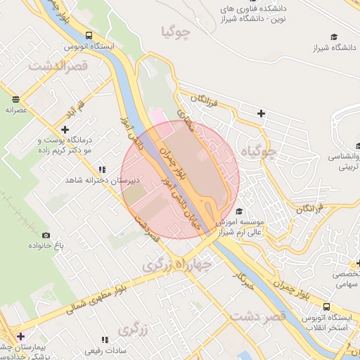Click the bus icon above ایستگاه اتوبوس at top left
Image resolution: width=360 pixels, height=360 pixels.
pyautogui.click(x=89, y=35)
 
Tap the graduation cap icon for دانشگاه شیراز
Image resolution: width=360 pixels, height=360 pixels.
pyautogui.click(x=334, y=37)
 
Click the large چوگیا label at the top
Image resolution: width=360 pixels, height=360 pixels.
pyautogui.click(x=176, y=32)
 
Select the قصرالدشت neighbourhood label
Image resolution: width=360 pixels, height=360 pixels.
pyautogui.click(x=56, y=65)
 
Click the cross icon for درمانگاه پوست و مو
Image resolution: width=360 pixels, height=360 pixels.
pyautogui.click(x=65, y=129)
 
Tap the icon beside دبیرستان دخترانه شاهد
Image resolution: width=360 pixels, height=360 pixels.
pyautogui.click(x=103, y=169)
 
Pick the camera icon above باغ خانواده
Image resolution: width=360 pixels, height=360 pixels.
pyautogui.click(x=46, y=235)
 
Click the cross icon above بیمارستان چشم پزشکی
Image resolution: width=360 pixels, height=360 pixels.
pyautogui.click(x=20, y=336)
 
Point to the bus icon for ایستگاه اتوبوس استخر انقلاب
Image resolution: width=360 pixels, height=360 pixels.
pyautogui.click(x=328, y=307)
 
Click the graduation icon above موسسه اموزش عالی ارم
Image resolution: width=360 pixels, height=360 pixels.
pyautogui.click(x=239, y=212)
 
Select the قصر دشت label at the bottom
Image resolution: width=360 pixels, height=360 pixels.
pyautogui.click(x=264, y=317)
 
